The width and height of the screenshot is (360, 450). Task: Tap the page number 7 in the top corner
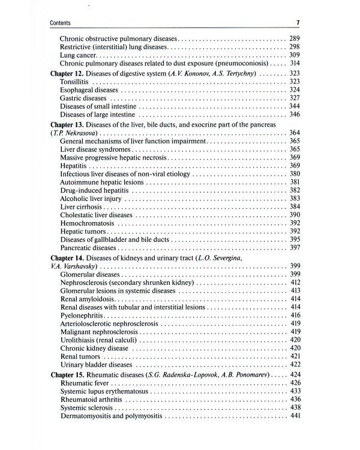pos(298,23)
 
